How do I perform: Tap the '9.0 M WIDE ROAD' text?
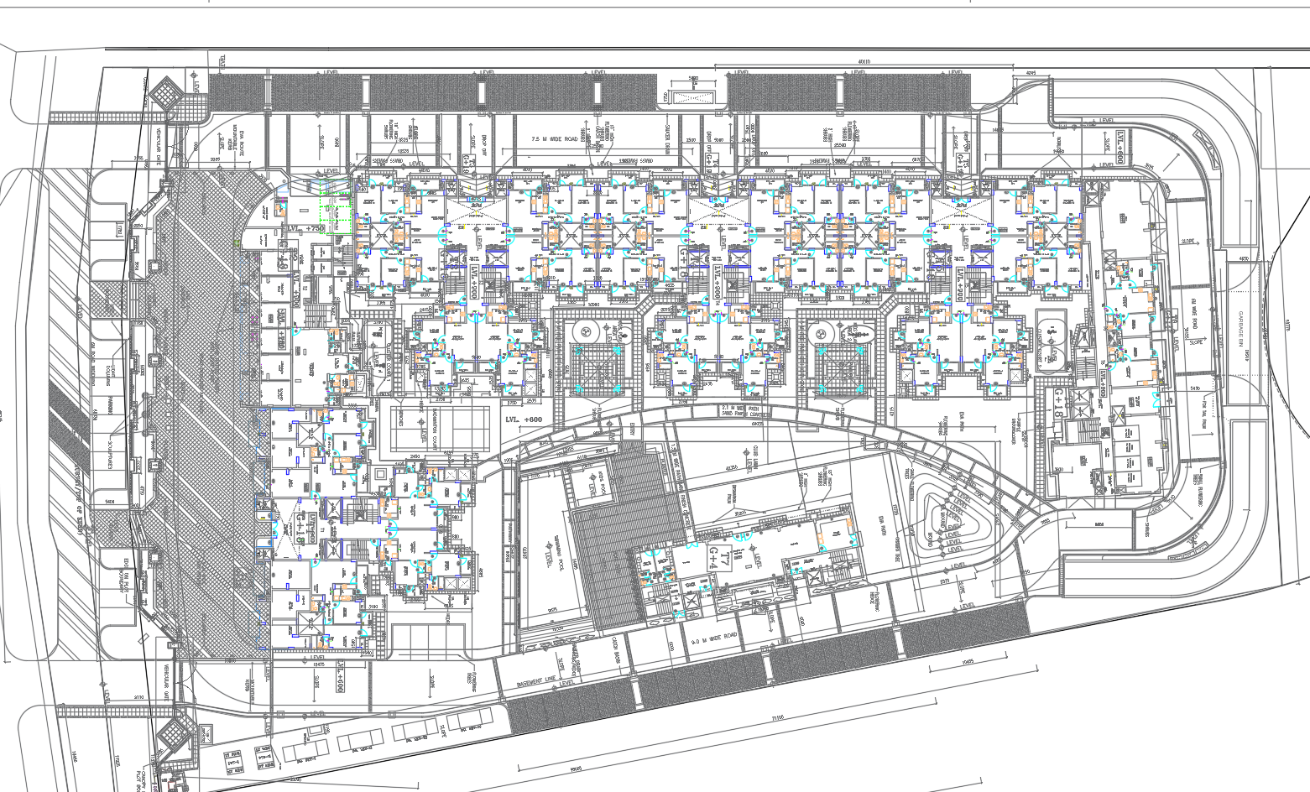tap(714, 638)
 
